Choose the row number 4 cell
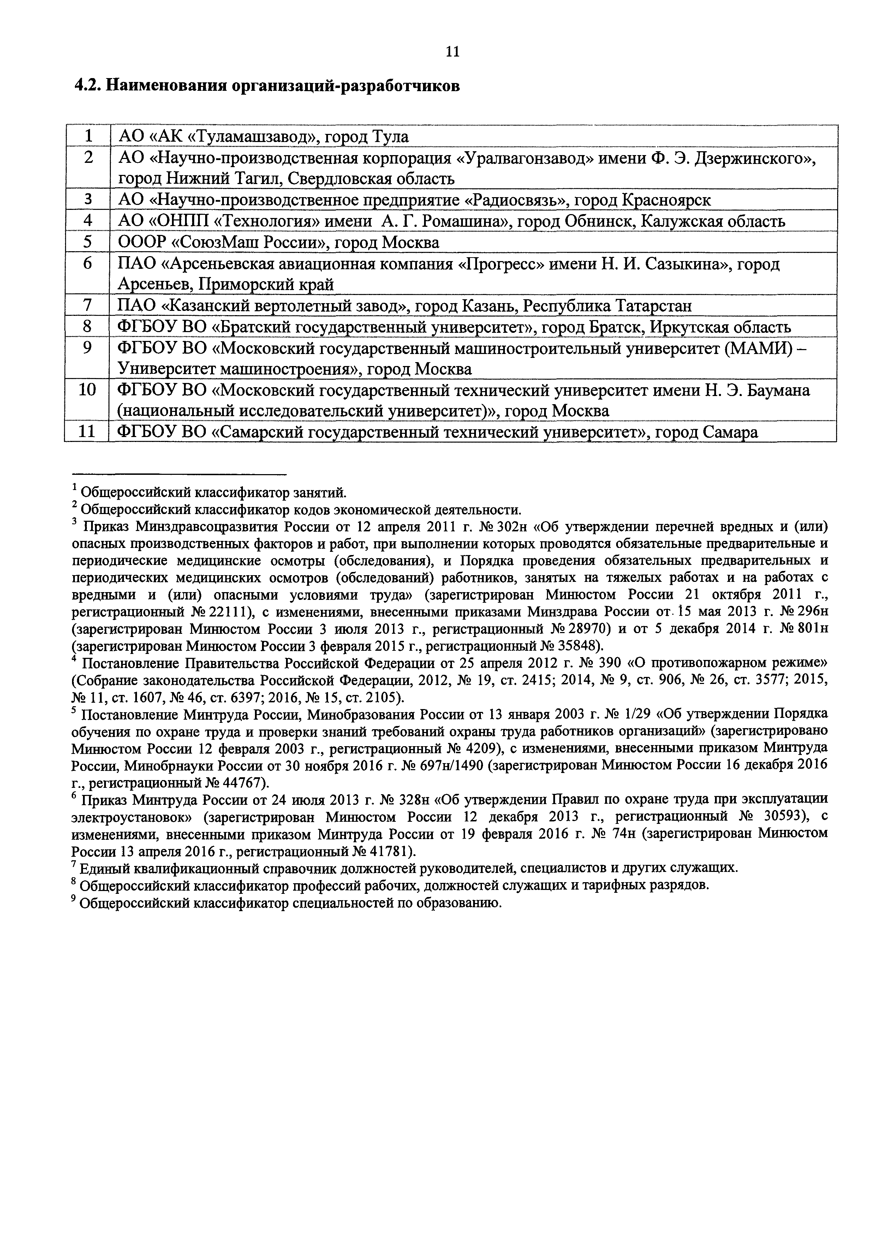(87, 221)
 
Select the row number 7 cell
(87, 306)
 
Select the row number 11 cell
(87, 432)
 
